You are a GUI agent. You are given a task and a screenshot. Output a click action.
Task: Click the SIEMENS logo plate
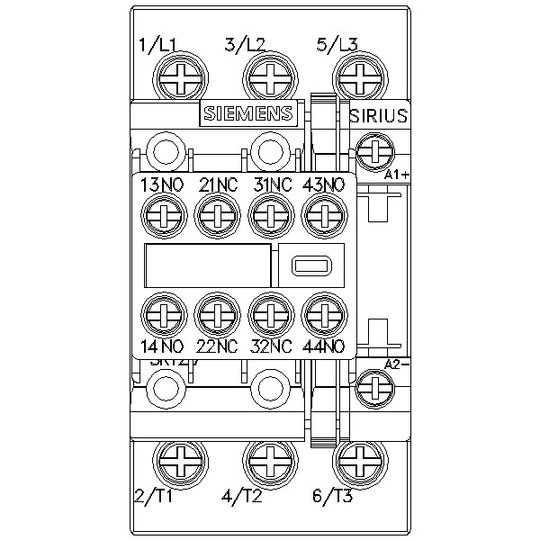(x=247, y=113)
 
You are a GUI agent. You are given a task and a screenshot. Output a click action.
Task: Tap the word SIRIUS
(x=378, y=115)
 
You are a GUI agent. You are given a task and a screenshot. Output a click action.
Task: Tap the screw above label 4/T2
(x=269, y=459)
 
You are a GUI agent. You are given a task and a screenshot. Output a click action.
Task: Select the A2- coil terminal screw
(x=372, y=388)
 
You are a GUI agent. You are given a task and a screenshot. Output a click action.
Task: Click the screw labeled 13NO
(x=163, y=214)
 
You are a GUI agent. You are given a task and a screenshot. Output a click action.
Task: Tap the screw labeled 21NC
(x=215, y=214)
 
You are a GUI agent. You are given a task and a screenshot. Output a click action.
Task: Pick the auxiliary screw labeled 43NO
(x=321, y=214)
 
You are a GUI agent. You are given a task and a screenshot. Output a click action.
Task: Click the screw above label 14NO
(x=163, y=314)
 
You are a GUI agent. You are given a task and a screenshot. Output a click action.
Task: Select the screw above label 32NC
(x=268, y=314)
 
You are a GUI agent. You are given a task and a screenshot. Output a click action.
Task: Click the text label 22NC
(x=216, y=345)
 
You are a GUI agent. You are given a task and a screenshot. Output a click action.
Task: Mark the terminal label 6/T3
(x=335, y=495)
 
